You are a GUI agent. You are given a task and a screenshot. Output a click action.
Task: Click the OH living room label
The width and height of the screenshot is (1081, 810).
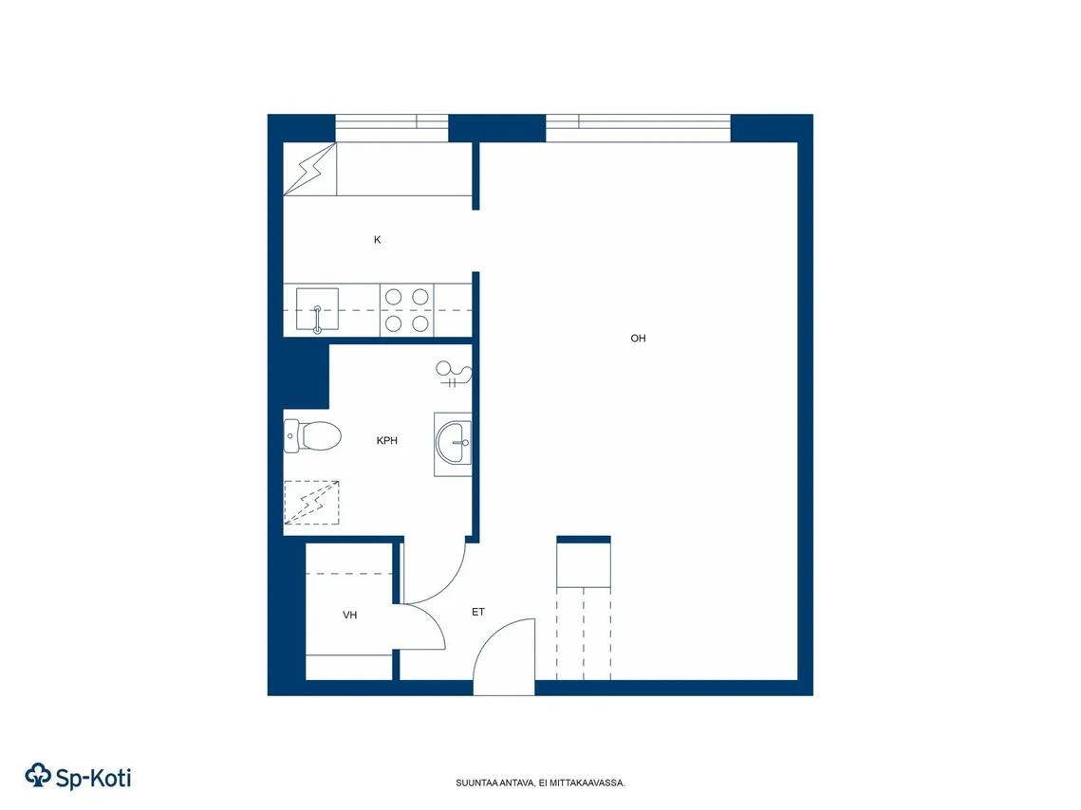(638, 339)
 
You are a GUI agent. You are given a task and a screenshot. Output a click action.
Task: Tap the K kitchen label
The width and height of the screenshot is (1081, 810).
(377, 240)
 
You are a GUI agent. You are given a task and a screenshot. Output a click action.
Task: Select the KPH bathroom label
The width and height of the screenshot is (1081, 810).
(387, 441)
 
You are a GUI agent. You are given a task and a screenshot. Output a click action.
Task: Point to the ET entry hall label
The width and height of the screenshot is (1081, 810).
(477, 612)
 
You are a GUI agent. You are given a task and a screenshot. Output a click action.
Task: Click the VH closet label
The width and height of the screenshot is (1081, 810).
(349, 615)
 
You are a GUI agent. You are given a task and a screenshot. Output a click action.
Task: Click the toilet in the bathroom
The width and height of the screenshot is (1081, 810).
(312, 436)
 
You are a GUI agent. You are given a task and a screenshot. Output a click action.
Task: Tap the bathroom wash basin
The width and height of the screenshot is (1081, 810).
(454, 444)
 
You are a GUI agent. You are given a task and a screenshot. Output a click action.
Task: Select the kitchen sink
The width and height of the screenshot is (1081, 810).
(317, 309)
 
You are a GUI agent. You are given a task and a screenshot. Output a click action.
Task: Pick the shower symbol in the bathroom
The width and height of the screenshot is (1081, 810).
(454, 374)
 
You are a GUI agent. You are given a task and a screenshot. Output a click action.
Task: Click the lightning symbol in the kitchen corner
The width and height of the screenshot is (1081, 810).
(309, 169)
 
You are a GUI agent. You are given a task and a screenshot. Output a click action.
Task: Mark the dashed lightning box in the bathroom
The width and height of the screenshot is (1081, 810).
(311, 502)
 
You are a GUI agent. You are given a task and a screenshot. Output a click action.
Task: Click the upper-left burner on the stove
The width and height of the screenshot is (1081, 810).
(394, 297)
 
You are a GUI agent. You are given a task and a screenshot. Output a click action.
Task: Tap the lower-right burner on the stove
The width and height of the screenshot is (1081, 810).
(419, 323)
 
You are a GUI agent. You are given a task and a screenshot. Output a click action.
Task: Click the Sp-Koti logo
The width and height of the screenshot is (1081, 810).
(78, 776)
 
